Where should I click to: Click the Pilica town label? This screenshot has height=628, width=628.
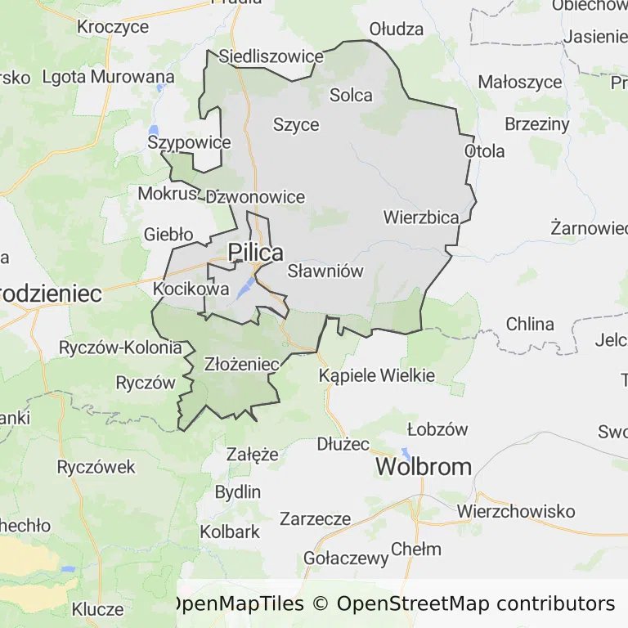256,253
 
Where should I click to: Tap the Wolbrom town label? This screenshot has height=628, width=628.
424,467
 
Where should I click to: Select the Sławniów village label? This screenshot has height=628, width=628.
325,271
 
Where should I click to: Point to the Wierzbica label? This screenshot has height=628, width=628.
421,218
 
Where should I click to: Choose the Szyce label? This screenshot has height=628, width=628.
296,125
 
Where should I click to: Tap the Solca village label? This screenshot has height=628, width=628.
351,95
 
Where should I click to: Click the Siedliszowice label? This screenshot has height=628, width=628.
271,57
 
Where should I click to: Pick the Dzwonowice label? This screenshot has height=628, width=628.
255,197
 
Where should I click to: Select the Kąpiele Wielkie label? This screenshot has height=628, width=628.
377,376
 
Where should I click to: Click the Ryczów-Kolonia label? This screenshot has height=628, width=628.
120,348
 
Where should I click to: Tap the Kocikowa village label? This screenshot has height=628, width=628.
191,289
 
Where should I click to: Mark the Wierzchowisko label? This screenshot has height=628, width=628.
516,511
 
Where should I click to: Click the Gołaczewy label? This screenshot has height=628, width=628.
345,558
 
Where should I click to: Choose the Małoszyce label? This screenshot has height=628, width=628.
520,82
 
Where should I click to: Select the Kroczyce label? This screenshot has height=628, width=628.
113,27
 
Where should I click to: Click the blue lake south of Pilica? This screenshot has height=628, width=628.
244,288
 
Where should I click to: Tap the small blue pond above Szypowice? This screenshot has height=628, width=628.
154,130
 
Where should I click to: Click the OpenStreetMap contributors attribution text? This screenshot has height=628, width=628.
476,604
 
